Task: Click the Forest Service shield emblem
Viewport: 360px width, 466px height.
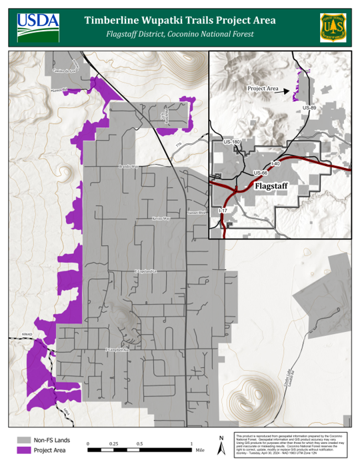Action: point(331,25)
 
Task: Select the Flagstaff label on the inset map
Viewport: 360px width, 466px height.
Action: point(274,187)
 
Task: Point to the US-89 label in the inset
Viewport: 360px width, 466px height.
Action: point(309,107)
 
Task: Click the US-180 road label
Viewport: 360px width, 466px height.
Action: point(232,142)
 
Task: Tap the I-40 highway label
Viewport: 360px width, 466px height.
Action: point(276,163)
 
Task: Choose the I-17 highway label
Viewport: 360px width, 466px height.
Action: point(223,211)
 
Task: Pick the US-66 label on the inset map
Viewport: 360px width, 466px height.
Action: point(261,173)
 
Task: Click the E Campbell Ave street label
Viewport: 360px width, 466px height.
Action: point(117,349)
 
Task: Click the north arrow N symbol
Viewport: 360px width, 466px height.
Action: point(221,438)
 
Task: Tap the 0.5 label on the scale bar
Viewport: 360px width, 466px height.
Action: point(140,443)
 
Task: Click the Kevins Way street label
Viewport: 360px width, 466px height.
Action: point(161,218)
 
